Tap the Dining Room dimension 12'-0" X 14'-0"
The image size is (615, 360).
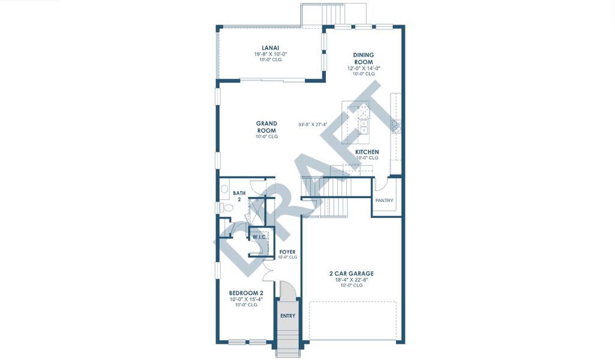[x=363, y=68]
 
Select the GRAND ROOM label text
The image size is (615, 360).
[x=266, y=127]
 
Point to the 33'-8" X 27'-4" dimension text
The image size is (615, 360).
[x=317, y=125]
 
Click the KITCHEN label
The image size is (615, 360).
[x=367, y=152]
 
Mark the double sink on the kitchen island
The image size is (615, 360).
[x=364, y=127]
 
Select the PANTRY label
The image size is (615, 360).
[x=384, y=200]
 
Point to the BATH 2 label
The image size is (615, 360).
[x=239, y=196]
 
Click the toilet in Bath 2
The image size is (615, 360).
[x=227, y=208]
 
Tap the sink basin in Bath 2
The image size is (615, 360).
[x=224, y=189]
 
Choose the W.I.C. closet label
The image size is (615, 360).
[x=259, y=237]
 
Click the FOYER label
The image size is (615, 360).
[x=287, y=251]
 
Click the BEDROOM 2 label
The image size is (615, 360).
[x=246, y=293]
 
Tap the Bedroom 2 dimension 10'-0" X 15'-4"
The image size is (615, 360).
[x=246, y=299]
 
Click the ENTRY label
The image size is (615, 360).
[x=287, y=316]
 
